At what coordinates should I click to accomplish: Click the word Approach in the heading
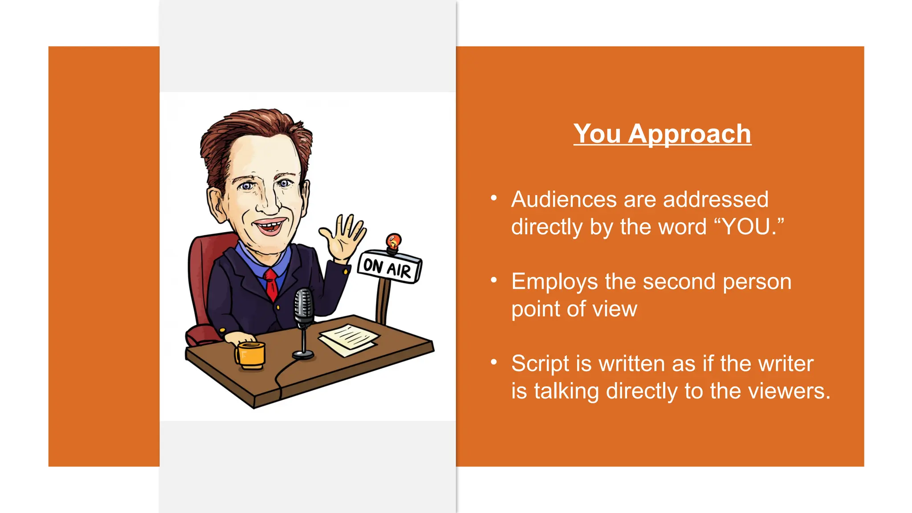(689, 134)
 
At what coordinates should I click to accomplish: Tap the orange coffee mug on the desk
(251, 355)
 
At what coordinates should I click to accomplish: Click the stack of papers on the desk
(349, 339)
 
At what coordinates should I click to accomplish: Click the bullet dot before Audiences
(493, 198)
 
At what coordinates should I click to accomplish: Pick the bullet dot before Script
(493, 362)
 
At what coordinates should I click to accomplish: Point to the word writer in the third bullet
(786, 363)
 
